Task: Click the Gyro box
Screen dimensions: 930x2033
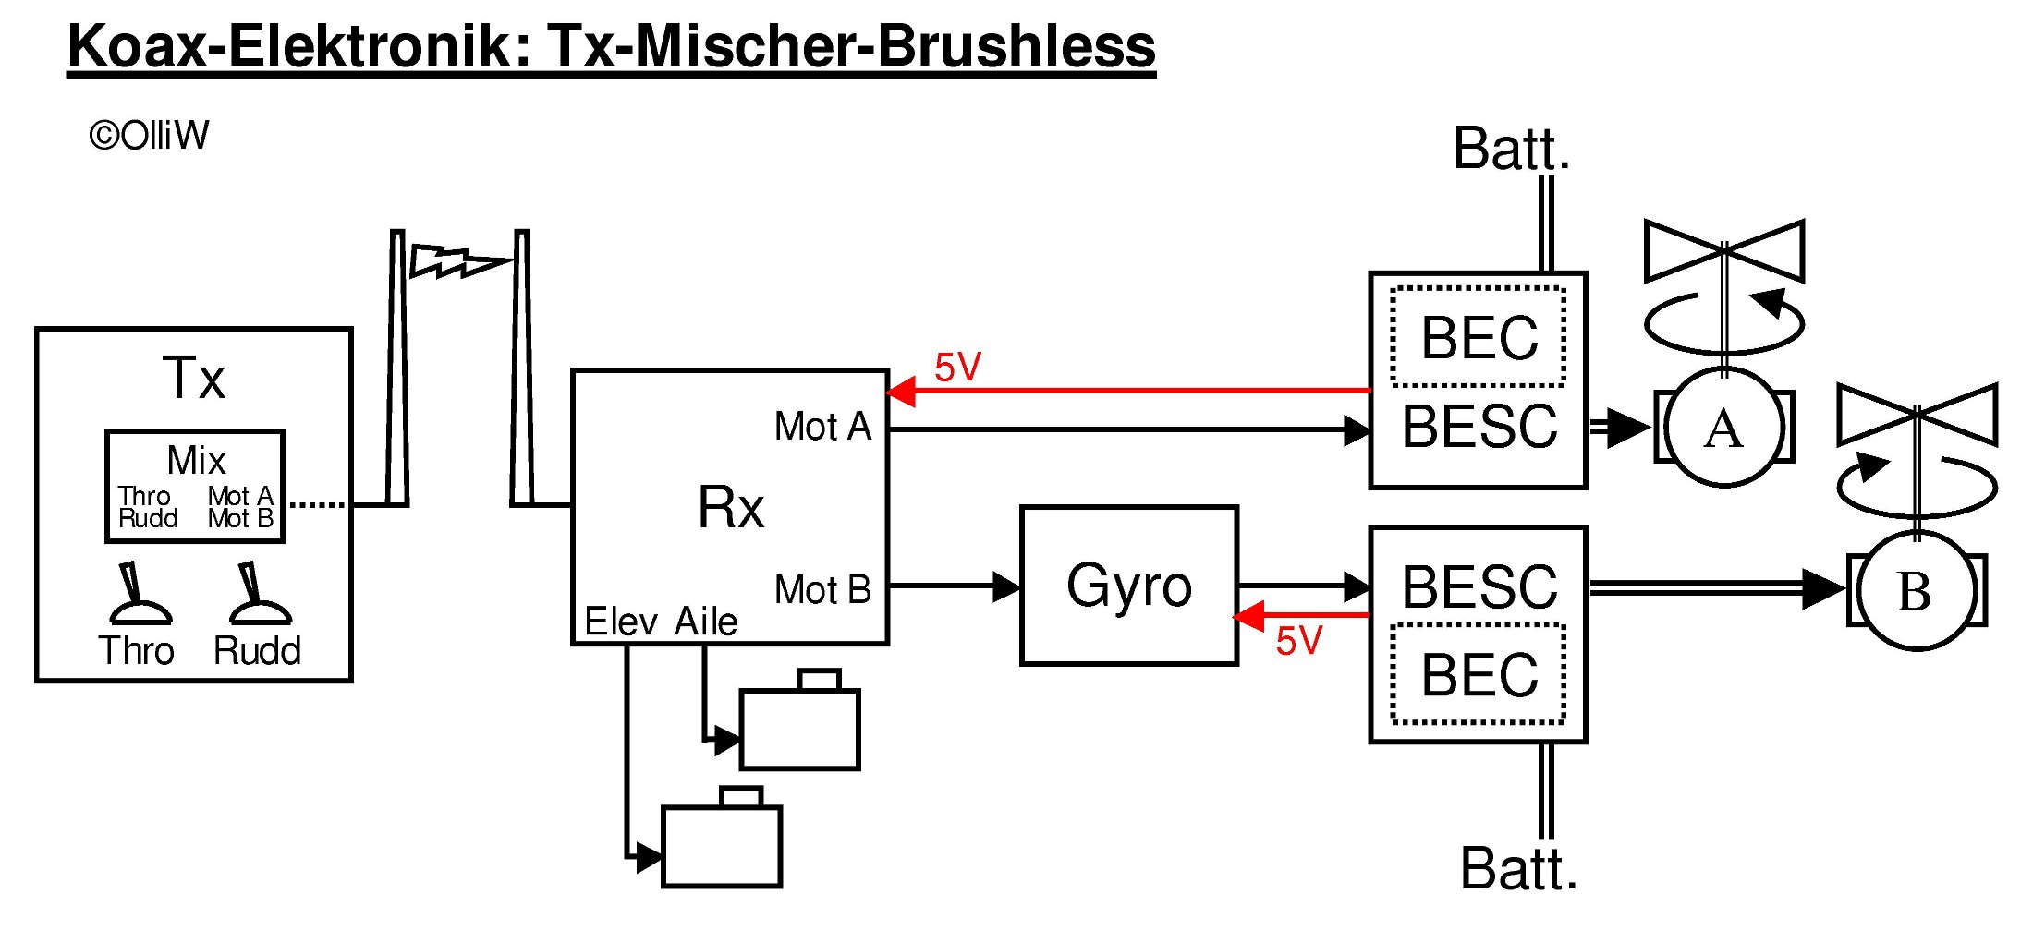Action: point(1128,586)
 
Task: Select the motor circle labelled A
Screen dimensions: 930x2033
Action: point(1723,428)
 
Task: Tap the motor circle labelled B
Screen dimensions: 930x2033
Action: point(1916,591)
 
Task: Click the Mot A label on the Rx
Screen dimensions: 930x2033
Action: point(822,427)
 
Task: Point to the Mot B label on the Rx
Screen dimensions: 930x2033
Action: point(822,590)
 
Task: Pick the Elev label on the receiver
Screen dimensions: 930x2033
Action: point(621,622)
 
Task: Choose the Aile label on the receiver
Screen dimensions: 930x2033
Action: point(706,622)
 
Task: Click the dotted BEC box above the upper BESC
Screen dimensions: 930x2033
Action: point(1479,337)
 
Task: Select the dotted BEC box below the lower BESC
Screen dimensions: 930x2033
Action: point(1479,674)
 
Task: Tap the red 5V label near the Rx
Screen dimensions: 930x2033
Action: point(957,368)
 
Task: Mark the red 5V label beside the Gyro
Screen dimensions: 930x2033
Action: point(1299,641)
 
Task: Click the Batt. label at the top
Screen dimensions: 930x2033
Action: point(1511,149)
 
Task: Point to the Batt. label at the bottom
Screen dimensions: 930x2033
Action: point(1518,869)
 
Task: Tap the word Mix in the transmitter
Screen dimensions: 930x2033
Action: point(196,460)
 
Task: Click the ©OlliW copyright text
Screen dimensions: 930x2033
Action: point(149,136)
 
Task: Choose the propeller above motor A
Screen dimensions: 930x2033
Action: point(1724,251)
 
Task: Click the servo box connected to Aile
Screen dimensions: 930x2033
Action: point(800,729)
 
